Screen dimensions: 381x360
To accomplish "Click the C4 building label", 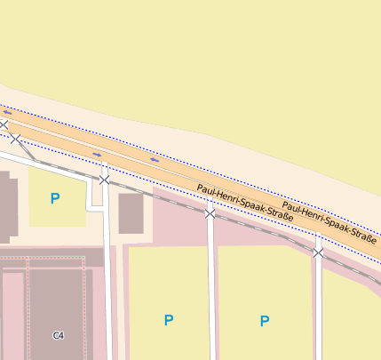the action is tap(59, 335).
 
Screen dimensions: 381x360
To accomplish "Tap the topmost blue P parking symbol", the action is tap(55, 199).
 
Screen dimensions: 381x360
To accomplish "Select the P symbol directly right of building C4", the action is tap(169, 320).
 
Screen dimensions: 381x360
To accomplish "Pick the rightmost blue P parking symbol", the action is tap(265, 321).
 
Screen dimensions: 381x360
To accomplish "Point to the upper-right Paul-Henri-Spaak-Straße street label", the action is tap(329, 222).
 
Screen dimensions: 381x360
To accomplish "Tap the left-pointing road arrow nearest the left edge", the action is tap(7, 113).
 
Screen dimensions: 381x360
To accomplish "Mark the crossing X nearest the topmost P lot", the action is tap(104, 180).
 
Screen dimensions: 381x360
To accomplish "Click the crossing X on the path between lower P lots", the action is tap(210, 213).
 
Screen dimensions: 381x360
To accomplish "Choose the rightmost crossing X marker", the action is tap(318, 252).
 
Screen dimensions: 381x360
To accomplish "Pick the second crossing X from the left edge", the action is tap(15, 138).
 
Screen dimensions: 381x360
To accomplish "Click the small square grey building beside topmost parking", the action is tap(131, 213).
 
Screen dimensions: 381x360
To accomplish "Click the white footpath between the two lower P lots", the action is tap(211, 293).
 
